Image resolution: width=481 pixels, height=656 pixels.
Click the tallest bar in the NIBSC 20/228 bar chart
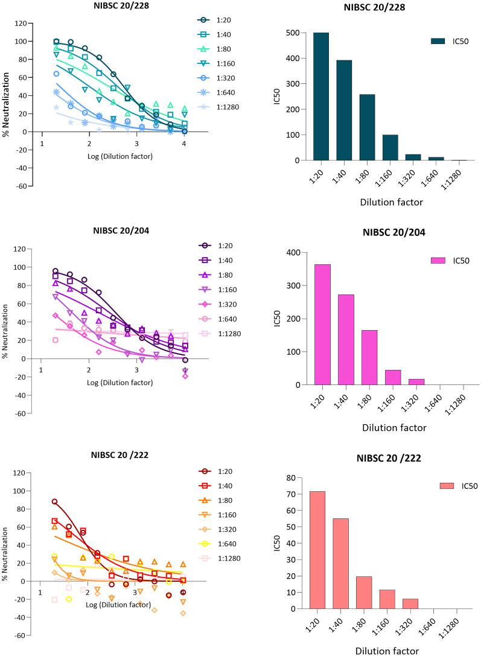click(x=321, y=97)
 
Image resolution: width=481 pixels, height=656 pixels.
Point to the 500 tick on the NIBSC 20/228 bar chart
click(x=299, y=33)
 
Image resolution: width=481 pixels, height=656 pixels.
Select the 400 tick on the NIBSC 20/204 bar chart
click(x=299, y=252)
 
